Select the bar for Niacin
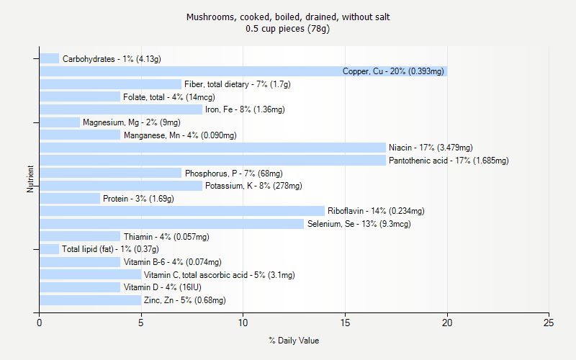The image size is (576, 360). tap(212, 148)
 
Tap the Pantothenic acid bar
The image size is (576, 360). tap(212, 160)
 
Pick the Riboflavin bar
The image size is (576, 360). tap(181, 211)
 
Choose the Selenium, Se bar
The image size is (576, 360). tap(171, 224)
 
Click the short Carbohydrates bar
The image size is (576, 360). tap(49, 58)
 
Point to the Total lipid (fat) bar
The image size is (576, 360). tap(49, 249)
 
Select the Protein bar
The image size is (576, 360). tap(69, 198)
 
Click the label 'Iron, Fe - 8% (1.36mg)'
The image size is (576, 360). tap(245, 109)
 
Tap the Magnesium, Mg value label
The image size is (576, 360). tap(121, 122)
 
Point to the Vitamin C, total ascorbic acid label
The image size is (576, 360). tap(219, 275)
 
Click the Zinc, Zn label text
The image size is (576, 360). tap(184, 300)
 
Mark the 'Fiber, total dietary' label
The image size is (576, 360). tap(237, 84)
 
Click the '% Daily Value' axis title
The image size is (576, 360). tap(294, 341)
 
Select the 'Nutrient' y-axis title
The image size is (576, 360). tap(31, 179)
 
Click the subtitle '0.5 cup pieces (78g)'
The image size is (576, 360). tap(288, 29)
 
